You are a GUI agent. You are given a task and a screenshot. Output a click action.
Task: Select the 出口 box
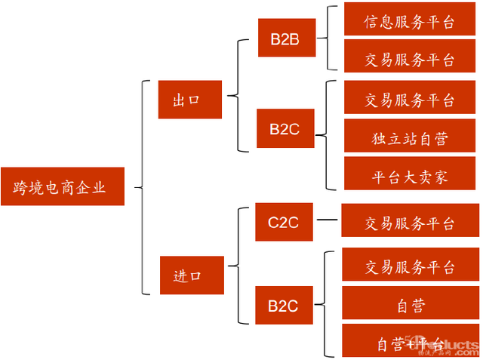point(190,100)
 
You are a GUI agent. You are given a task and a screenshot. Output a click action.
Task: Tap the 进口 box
point(192,275)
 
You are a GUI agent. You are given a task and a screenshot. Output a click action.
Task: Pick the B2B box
point(285,40)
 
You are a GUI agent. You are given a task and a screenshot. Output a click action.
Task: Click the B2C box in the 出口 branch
point(285,128)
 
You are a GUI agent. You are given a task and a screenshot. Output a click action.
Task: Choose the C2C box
point(285,222)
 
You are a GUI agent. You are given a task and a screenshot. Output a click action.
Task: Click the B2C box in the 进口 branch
point(285,306)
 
